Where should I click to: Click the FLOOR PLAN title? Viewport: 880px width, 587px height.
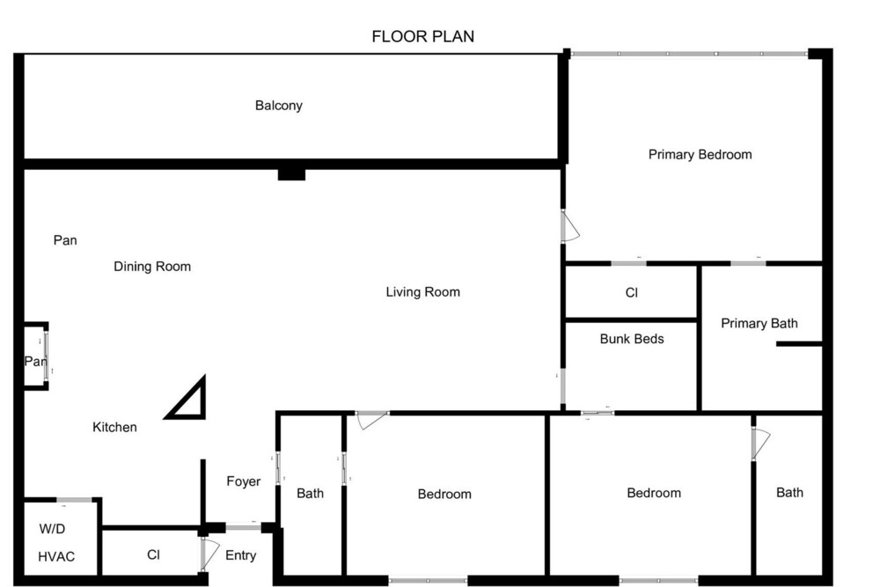click(422, 36)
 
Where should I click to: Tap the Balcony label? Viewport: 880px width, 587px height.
click(278, 106)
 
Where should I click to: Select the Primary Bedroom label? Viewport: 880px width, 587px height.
click(700, 154)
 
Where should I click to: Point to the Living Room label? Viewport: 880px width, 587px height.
click(422, 292)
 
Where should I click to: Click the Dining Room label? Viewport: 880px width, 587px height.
click(152, 267)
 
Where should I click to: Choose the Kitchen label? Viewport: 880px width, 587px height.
click(114, 427)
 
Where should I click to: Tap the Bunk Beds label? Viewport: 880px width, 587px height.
click(632, 339)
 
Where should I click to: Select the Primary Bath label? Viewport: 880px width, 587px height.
click(759, 323)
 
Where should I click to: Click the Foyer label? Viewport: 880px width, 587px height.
click(244, 481)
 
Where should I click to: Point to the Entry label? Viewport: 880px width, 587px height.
click(241, 555)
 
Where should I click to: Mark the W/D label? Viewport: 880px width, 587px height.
click(52, 529)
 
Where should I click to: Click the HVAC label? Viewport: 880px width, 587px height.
click(56, 557)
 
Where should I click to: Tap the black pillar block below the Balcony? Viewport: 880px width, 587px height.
click(292, 174)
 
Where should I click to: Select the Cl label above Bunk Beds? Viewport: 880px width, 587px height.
click(631, 293)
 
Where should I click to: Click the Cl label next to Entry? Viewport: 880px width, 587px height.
click(153, 555)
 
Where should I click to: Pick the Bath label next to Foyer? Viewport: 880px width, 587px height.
click(310, 494)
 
